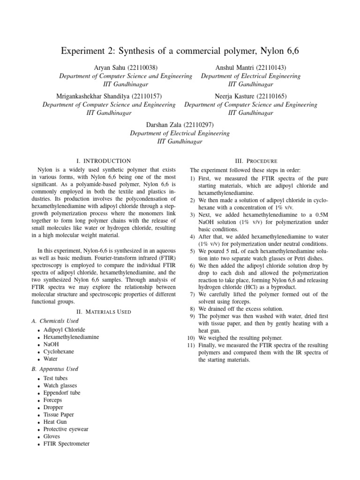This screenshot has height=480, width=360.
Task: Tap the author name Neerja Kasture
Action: point(234,96)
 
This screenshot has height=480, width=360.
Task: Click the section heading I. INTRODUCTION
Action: point(103,161)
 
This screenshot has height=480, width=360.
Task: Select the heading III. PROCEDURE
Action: point(260,161)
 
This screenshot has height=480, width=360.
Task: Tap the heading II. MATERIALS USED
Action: point(103,312)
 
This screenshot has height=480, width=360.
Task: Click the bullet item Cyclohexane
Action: point(59,351)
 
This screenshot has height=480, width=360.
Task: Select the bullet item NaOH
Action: point(51,344)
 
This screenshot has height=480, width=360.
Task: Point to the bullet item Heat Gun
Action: point(55,422)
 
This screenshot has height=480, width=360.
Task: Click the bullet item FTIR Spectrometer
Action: point(66,443)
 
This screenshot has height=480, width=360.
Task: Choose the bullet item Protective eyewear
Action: point(66,429)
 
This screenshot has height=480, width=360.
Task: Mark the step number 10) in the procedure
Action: point(191,338)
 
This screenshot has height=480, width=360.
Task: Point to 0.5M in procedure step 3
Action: point(319,215)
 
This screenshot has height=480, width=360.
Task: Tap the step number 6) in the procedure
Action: point(193,265)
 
